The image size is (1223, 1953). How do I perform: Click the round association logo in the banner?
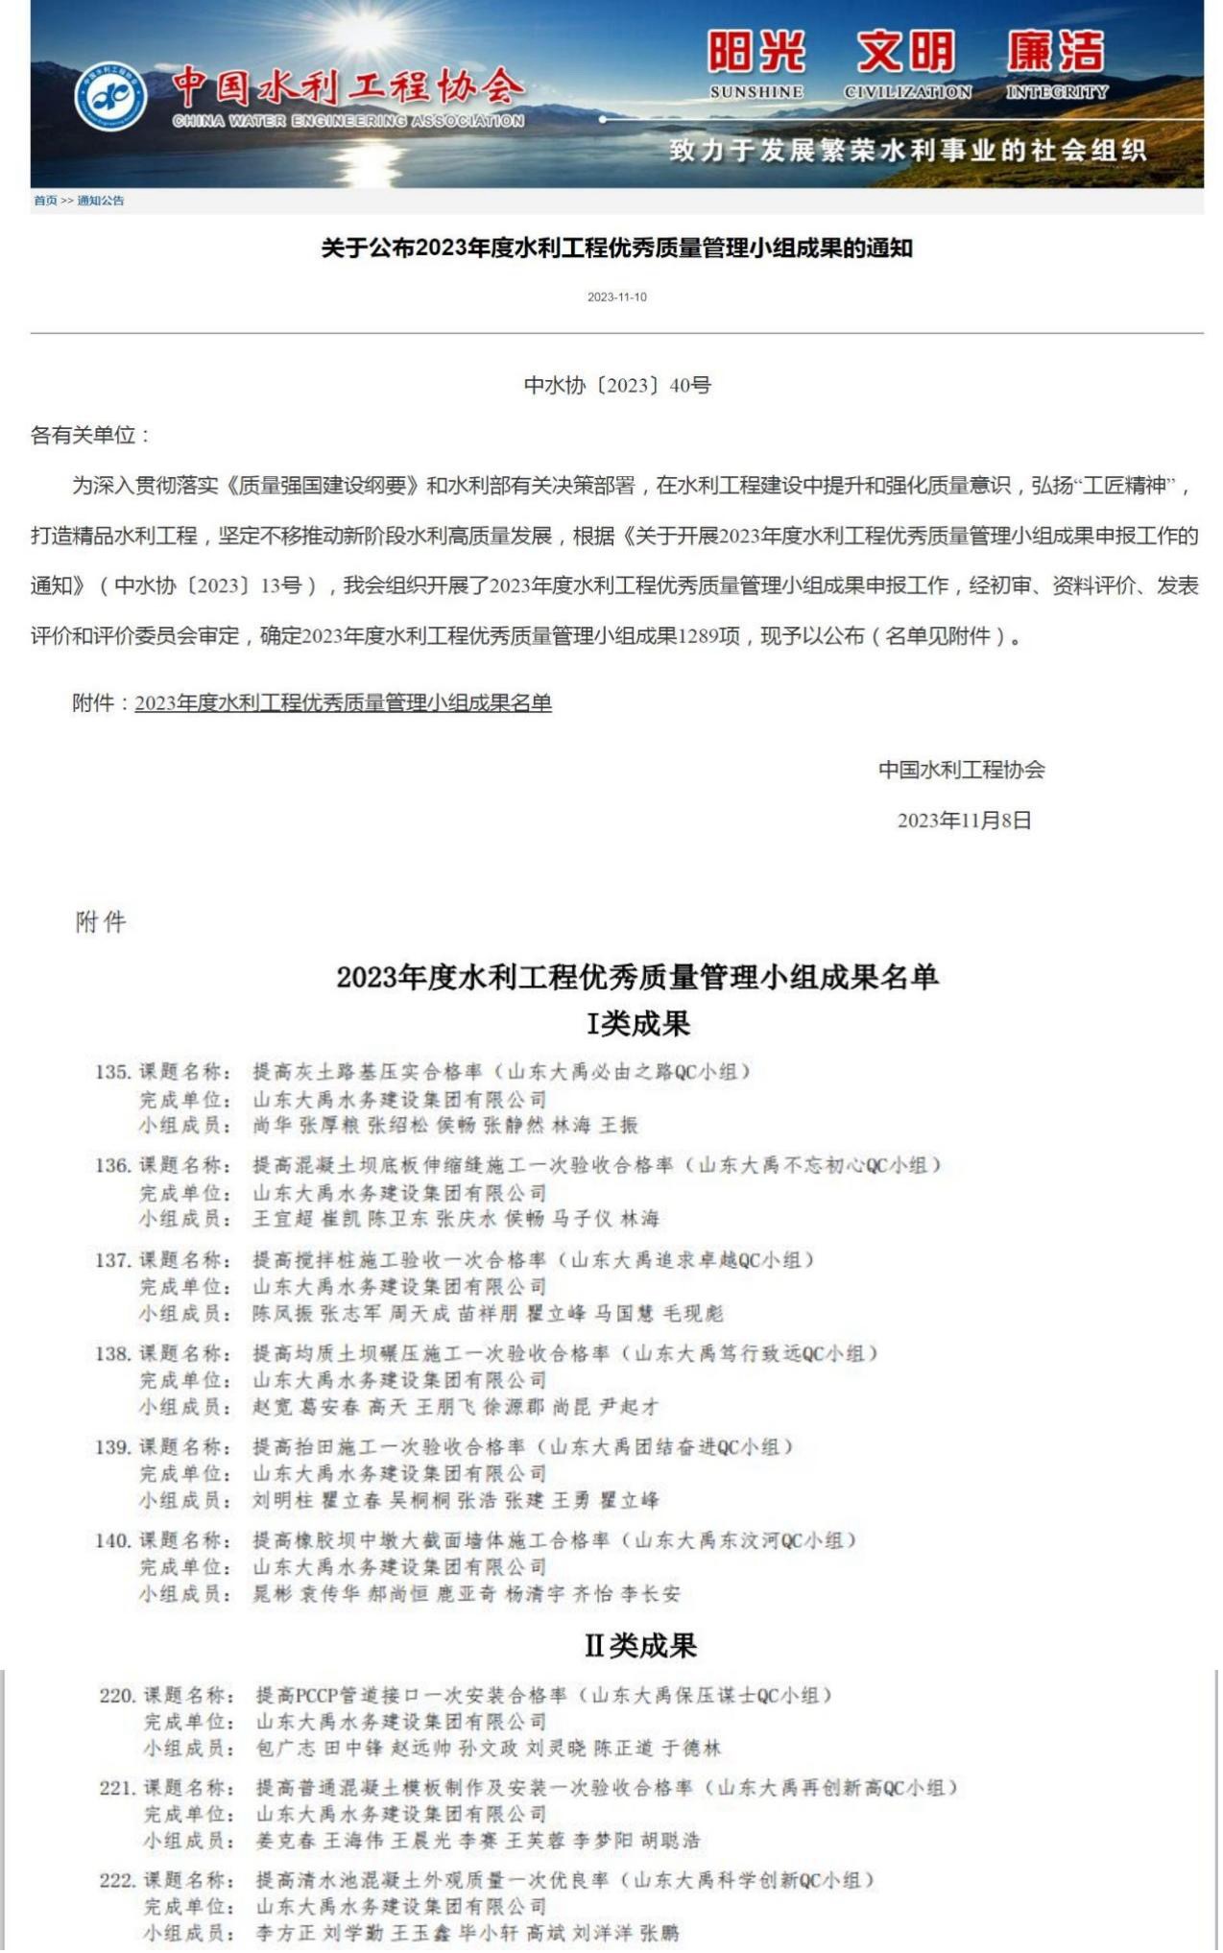[x=111, y=97]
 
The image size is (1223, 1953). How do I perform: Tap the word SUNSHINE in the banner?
[x=756, y=92]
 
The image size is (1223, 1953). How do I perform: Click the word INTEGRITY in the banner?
[x=1056, y=92]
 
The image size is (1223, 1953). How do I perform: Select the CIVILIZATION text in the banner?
[x=907, y=92]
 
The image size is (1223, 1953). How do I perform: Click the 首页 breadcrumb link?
[x=45, y=201]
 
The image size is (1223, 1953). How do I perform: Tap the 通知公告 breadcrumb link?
[x=101, y=201]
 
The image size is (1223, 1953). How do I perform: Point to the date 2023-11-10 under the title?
[x=617, y=298]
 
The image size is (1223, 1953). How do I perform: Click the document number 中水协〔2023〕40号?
[x=617, y=386]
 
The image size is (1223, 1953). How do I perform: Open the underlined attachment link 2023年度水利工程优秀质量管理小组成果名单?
[x=343, y=703]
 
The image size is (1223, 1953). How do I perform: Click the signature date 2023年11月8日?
[x=964, y=821]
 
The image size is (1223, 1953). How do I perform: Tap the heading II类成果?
[x=640, y=1647]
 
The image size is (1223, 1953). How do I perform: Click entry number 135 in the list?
[x=112, y=1072]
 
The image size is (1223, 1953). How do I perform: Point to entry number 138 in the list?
[x=112, y=1354]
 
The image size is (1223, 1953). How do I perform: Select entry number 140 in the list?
[x=112, y=1541]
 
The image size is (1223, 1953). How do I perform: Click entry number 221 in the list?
[x=117, y=1788]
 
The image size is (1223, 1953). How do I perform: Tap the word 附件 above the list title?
[x=101, y=923]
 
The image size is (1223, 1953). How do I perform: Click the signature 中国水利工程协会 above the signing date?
[x=962, y=770]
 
